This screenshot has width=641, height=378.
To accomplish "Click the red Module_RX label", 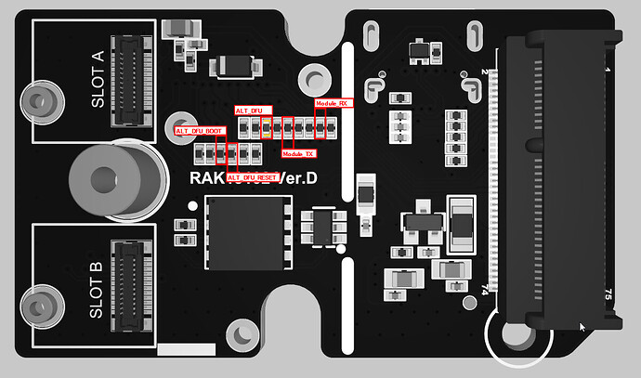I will point(332,103).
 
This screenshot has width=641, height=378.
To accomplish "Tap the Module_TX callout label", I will point(298,153).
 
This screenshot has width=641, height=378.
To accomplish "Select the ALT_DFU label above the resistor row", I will point(248,111).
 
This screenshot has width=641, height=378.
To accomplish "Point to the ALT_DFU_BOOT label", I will point(200,132).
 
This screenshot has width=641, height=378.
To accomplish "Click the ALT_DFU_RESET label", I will point(253,176).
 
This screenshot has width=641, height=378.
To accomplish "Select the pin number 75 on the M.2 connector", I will point(608,293).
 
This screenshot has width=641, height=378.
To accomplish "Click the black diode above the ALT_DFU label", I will point(232,67).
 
